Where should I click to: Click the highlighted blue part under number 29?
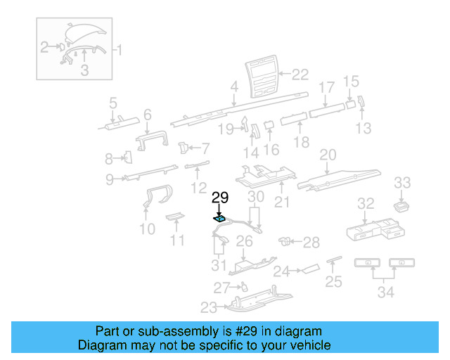click(x=220, y=219)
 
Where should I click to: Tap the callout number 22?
click(x=300, y=74)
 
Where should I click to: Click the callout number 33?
click(x=401, y=183)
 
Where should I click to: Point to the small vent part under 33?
click(x=401, y=206)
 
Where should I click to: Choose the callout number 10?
click(x=147, y=229)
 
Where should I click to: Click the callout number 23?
click(x=209, y=307)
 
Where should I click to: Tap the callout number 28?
click(x=311, y=243)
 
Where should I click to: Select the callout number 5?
click(x=112, y=105)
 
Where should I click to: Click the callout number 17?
click(x=327, y=88)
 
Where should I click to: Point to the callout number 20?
click(x=328, y=155)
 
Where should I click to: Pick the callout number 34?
click(x=385, y=292)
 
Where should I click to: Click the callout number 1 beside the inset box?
click(x=118, y=50)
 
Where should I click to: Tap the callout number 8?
click(x=109, y=158)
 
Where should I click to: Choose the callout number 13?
click(x=363, y=128)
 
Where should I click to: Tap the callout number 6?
click(x=147, y=115)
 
